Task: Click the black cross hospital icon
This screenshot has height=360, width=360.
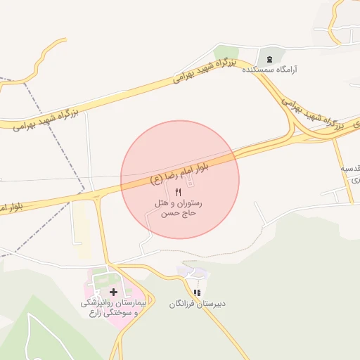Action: point(113,291)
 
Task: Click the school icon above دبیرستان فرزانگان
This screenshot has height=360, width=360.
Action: point(198,292)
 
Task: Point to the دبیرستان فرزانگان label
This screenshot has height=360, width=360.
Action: point(196,304)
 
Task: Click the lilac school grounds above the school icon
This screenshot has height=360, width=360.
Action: point(192,271)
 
